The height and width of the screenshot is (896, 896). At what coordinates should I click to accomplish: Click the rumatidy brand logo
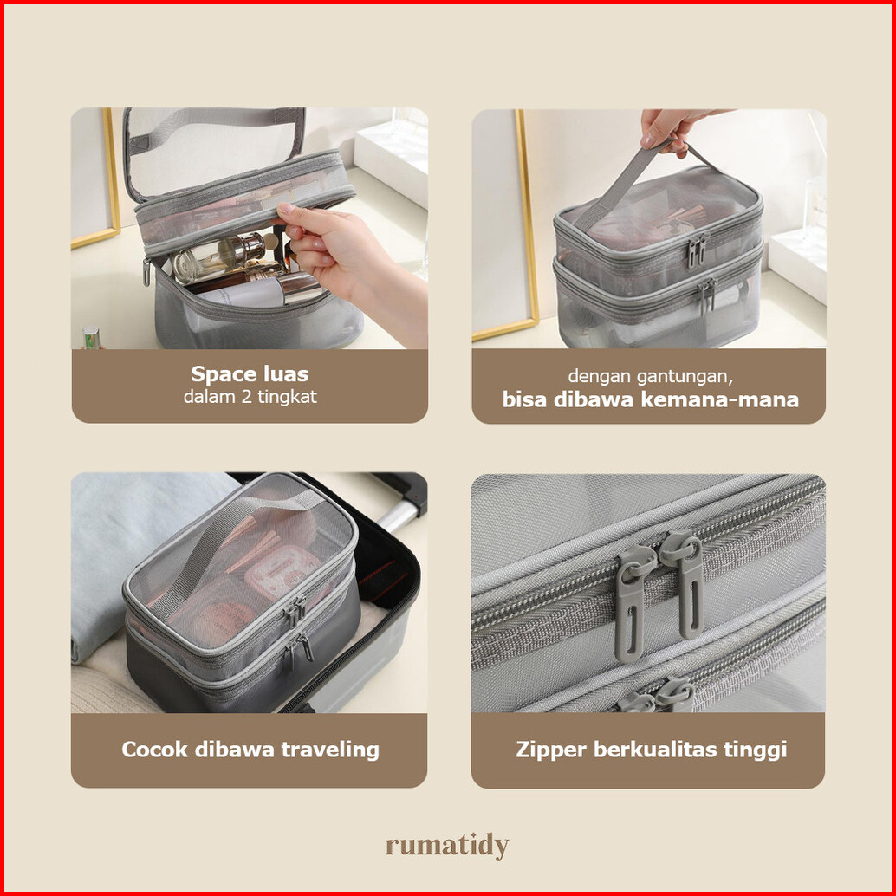click(447, 846)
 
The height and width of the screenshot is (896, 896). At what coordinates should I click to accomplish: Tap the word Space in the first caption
click(218, 375)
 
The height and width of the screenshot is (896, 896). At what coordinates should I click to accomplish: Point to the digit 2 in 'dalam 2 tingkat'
click(246, 397)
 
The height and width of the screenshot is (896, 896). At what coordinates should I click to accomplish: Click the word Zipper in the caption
click(551, 750)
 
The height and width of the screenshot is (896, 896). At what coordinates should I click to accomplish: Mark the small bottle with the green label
click(92, 338)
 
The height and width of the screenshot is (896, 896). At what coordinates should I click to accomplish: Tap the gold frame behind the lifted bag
click(523, 229)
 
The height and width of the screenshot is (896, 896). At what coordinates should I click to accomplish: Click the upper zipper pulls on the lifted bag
click(698, 250)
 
